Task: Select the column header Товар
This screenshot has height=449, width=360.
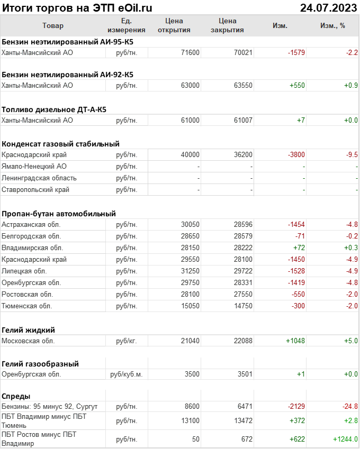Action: (x=52, y=25)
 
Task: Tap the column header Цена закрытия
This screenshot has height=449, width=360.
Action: (x=227, y=25)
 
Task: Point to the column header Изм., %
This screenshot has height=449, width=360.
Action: (x=332, y=25)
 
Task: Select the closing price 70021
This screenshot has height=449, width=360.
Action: (x=242, y=52)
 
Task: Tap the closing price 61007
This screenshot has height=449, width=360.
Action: (x=242, y=120)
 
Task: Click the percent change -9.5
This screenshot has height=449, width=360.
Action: (x=352, y=155)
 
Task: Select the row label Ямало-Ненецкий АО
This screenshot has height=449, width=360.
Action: (x=34, y=166)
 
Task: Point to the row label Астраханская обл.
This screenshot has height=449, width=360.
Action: (x=31, y=224)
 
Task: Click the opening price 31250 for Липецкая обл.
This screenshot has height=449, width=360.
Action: (x=190, y=271)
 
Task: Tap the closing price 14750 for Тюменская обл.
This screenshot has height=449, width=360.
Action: (x=242, y=306)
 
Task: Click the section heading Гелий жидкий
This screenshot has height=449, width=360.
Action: (x=29, y=330)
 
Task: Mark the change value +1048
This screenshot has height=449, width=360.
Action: (x=295, y=341)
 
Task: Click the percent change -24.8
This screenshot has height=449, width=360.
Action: (x=349, y=406)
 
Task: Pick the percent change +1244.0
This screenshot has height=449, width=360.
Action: (x=345, y=439)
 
